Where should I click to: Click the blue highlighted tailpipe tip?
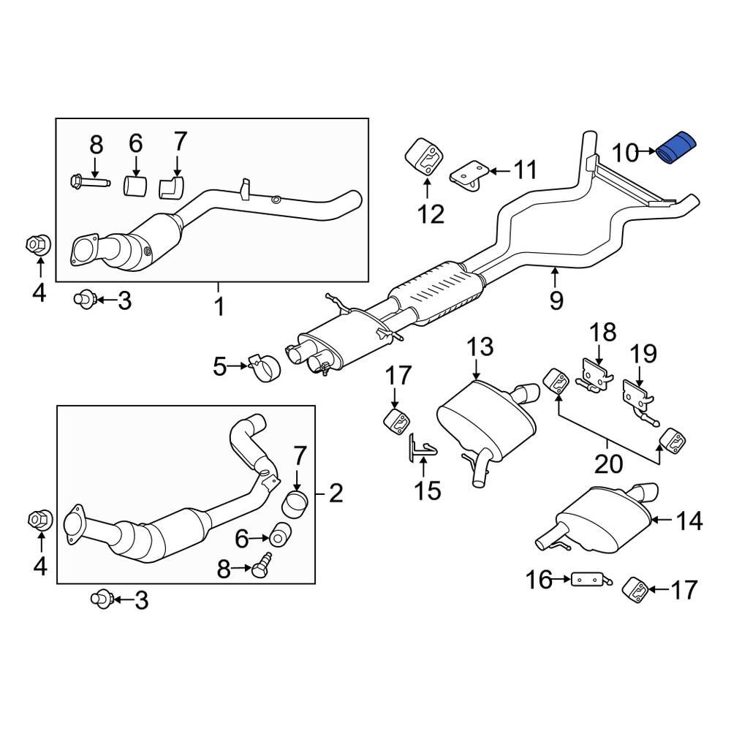(x=677, y=149)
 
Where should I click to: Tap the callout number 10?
(x=625, y=154)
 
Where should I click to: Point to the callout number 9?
(x=556, y=298)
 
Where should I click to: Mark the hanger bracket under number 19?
(x=637, y=395)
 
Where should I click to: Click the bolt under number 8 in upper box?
(x=86, y=180)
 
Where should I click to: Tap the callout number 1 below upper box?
(x=219, y=307)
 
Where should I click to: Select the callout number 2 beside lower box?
(x=335, y=494)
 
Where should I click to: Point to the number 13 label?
(x=481, y=348)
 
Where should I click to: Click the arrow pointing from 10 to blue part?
(x=648, y=152)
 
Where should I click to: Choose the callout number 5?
(x=220, y=366)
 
